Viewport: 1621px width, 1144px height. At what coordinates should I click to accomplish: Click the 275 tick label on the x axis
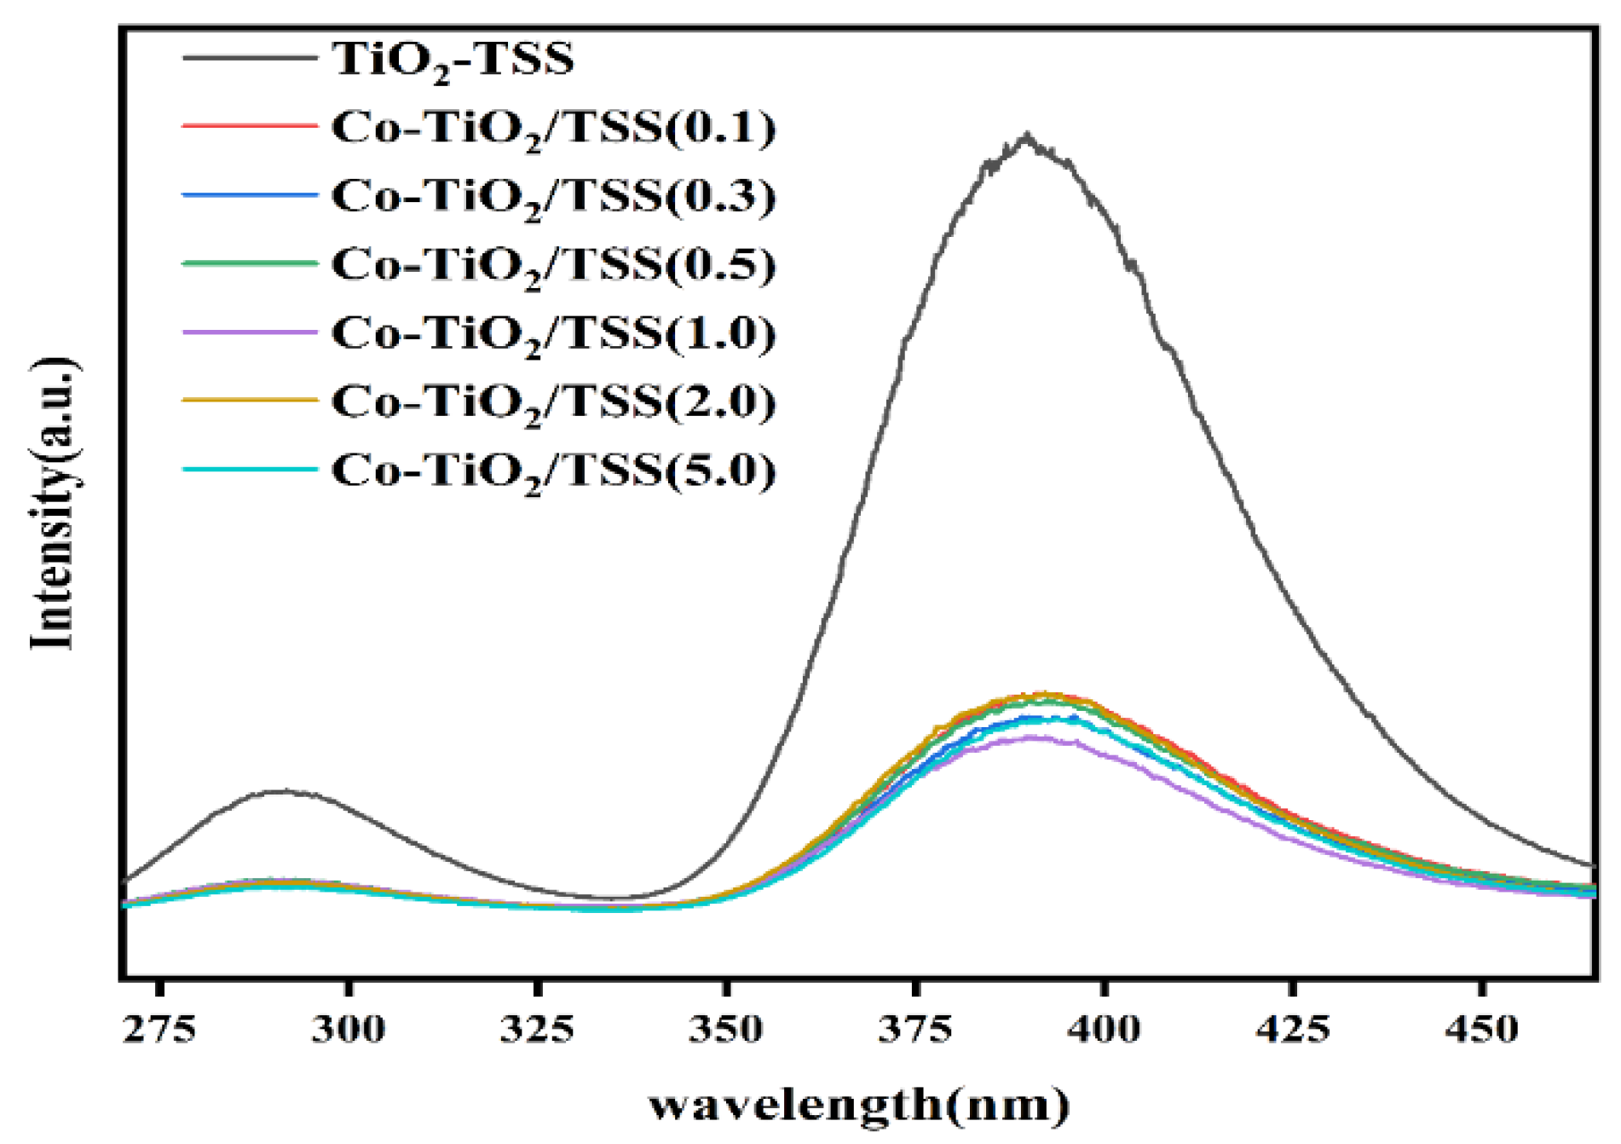tap(159, 1029)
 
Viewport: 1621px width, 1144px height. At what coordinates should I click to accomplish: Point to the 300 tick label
tap(348, 1029)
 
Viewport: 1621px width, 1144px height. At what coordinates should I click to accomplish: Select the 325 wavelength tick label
tap(537, 1029)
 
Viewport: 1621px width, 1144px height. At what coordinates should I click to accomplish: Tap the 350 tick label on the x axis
tap(726, 1029)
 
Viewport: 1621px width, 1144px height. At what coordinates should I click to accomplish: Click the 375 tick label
tap(915, 1029)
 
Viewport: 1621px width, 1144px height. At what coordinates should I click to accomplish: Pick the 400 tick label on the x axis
tap(1104, 1029)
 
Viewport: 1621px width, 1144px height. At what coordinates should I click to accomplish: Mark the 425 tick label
tap(1293, 1029)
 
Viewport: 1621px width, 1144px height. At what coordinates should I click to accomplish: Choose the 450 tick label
tap(1482, 1029)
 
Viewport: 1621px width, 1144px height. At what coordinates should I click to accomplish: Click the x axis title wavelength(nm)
tap(859, 1106)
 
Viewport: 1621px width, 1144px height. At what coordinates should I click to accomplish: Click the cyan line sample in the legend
tap(250, 469)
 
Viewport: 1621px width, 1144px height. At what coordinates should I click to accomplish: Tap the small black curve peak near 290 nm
tap(281, 791)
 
